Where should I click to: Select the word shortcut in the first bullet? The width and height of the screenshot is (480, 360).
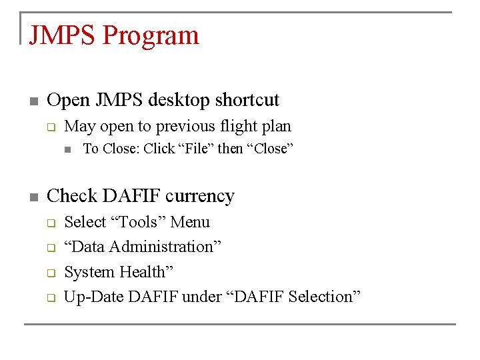tap(248, 100)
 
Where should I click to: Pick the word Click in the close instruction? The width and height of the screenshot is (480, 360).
tap(159, 149)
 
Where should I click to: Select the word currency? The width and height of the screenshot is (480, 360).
tap(203, 196)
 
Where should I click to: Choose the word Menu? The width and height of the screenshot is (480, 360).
tap(190, 222)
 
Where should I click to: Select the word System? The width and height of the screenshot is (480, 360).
tap(89, 272)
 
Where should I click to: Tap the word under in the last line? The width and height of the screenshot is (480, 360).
tap(202, 297)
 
